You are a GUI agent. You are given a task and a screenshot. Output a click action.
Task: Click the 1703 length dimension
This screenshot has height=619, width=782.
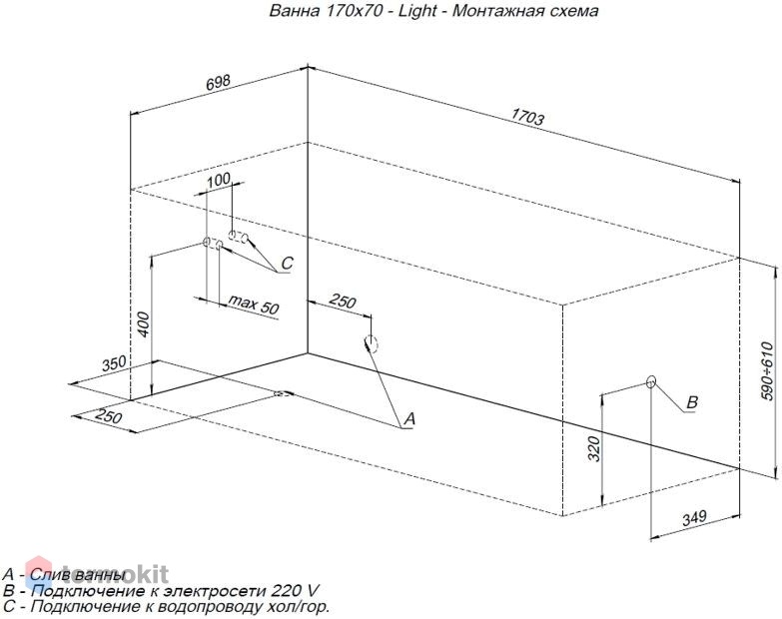(x=527, y=117)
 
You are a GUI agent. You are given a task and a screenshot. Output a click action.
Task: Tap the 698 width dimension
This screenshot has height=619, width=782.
(x=219, y=82)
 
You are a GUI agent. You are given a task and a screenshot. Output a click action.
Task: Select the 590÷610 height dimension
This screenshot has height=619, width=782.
(x=768, y=370)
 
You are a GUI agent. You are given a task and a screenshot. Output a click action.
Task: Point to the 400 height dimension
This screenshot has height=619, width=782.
(x=143, y=324)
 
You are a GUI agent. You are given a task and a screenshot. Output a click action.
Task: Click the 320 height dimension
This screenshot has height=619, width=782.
(x=594, y=448)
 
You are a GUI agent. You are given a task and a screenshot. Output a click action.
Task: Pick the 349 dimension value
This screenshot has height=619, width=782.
(x=694, y=518)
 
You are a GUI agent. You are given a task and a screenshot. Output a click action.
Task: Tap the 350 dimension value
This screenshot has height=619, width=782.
(x=115, y=363)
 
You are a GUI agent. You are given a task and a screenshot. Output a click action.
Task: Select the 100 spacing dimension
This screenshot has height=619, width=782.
(x=219, y=180)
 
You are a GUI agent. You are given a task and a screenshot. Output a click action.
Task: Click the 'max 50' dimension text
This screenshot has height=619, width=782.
(x=254, y=305)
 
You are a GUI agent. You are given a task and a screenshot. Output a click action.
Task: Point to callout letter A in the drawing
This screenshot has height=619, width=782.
(x=409, y=418)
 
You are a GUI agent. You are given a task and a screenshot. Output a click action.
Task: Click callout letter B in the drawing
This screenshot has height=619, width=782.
(x=692, y=402)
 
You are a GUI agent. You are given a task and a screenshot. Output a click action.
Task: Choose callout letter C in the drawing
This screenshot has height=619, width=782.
(x=288, y=264)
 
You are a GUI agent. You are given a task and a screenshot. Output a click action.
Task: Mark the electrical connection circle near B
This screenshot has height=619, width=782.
(x=651, y=382)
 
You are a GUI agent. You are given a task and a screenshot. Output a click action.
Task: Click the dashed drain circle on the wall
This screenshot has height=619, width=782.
(x=372, y=343)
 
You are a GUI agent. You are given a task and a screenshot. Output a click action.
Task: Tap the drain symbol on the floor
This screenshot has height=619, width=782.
(x=284, y=393)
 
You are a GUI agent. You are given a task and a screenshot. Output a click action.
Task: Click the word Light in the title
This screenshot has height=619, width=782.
(x=417, y=11)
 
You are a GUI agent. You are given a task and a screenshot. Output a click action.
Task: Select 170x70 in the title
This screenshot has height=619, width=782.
(x=355, y=10)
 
